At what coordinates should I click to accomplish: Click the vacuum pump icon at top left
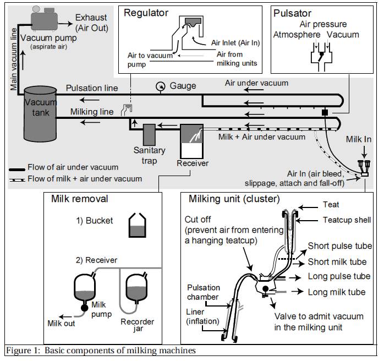45,20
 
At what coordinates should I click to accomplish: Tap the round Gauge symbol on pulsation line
160,86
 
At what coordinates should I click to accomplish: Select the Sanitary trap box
149,135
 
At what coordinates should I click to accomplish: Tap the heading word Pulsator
293,12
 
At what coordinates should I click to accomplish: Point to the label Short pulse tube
340,246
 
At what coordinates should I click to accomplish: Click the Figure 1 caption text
100,351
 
